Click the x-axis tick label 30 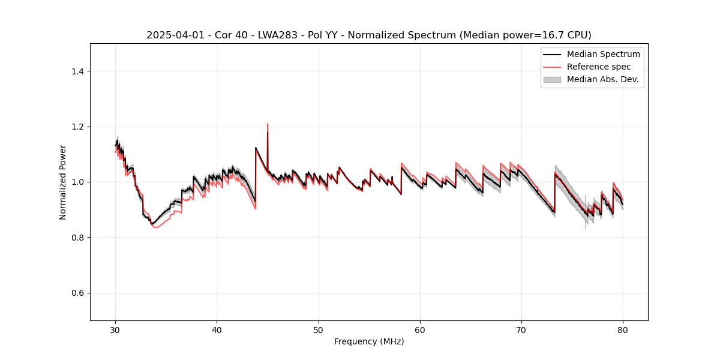click(x=116, y=329)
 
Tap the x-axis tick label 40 click(x=217, y=329)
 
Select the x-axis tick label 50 click(x=319, y=329)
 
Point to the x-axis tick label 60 click(x=420, y=329)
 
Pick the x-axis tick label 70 click(x=521, y=329)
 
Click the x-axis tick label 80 click(x=623, y=329)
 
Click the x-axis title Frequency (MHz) click(x=369, y=341)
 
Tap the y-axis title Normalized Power click(x=63, y=182)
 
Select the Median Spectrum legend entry click(x=603, y=54)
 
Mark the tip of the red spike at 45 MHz click(x=268, y=124)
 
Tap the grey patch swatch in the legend click(x=552, y=79)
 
